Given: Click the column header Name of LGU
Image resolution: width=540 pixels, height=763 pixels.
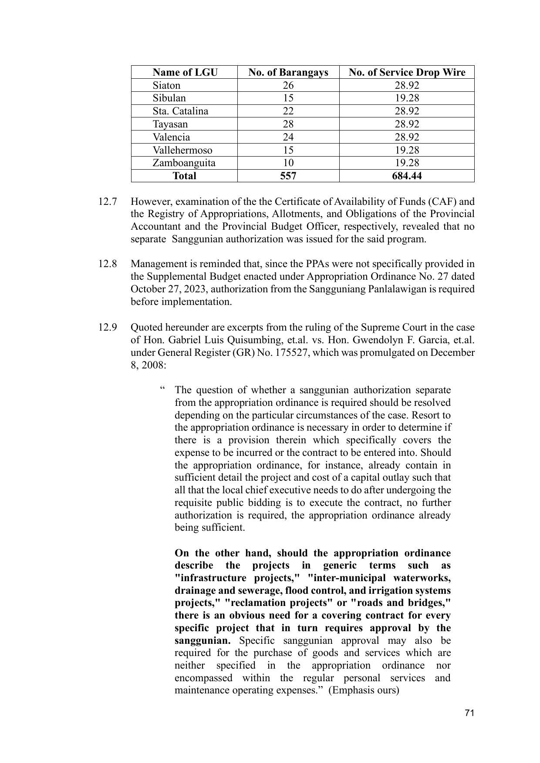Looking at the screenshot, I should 185,72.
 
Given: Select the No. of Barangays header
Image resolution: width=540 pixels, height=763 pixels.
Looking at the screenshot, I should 288,72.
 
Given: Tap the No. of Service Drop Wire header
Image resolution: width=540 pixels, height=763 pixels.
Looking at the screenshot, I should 407,72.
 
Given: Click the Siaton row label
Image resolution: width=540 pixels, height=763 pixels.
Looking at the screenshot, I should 166,85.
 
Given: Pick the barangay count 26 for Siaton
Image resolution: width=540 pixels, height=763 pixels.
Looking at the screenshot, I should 288,85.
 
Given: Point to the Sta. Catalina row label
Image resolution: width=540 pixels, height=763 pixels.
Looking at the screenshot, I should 180,111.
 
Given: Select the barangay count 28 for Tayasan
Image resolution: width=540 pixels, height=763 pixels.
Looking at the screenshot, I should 288,124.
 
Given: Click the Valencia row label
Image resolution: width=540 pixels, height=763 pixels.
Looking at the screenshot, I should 171,137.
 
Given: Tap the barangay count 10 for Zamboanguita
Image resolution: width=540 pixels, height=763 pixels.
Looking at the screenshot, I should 288,163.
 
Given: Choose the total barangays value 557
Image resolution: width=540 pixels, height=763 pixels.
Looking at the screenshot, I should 288,176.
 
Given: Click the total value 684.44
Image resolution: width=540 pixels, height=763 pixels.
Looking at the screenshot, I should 407,176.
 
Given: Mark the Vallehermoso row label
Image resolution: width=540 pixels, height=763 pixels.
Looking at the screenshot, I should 182,150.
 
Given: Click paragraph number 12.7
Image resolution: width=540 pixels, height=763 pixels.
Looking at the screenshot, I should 108,202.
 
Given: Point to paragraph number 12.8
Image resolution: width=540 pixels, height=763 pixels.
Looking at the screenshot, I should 108,264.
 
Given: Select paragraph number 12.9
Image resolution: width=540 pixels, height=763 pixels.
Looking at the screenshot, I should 108,327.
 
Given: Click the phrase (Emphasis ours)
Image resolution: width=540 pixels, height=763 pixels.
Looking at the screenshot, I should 363,690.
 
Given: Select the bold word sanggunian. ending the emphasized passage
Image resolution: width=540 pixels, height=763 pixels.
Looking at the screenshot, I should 202,641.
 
